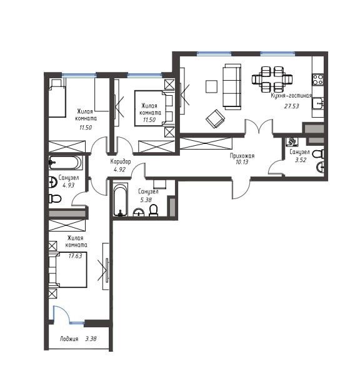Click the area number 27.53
pos(291,106)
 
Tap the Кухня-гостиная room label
pos(291,96)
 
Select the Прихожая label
pos(242,156)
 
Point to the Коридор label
pos(121,161)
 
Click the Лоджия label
pos(69,339)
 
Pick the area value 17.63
pos(75,256)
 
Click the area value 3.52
pos(301,160)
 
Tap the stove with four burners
pos(318,79)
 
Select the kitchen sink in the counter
pos(317,103)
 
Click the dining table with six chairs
pos(272,79)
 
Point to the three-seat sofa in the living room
pos(232,86)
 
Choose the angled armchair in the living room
pos(215,119)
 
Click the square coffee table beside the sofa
pos(211,86)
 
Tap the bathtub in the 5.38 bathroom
pos(121,200)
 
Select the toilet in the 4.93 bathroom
pos(55,199)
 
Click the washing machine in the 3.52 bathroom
pos(292,141)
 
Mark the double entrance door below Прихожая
pos(241,188)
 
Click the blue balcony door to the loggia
pos(62,314)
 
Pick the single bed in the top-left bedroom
pos(57,98)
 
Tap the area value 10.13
pos(242,162)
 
